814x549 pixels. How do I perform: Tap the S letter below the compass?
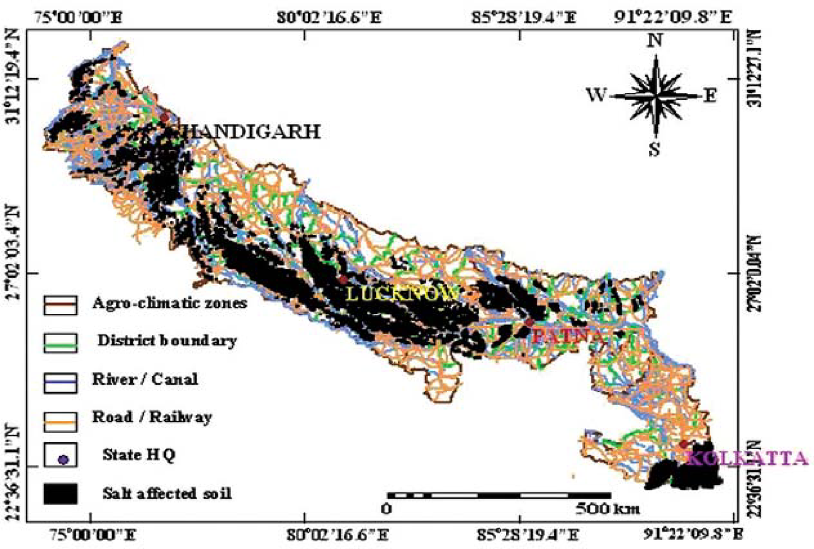(x=655, y=150)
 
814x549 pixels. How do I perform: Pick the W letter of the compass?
(x=597, y=96)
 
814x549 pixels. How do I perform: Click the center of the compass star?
(x=655, y=96)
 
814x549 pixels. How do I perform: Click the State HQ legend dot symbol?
(x=61, y=459)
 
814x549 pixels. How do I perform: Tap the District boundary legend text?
(x=167, y=341)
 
